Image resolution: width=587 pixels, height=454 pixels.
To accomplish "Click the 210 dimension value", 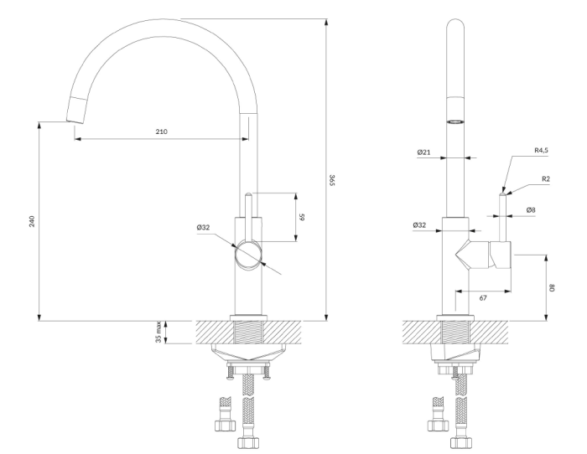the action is (161, 132).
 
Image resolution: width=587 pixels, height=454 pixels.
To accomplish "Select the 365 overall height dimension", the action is (332, 179).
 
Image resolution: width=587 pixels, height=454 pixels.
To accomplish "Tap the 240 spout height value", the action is (32, 221).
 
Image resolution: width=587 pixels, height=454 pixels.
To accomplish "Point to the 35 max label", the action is (158, 332).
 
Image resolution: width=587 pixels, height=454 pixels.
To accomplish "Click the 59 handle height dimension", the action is (302, 217).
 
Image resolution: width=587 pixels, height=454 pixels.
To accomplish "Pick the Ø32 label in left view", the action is (203, 227).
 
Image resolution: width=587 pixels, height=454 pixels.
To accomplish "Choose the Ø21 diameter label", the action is (423, 152).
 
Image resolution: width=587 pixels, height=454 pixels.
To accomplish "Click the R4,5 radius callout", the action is (542, 150).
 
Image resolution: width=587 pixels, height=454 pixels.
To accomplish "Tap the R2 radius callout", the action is (546, 178).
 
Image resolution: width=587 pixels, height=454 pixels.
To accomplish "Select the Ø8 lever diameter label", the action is (531, 209).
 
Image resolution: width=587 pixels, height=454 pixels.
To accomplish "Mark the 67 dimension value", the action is (483, 297).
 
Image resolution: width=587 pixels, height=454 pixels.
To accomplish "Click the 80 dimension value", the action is (552, 287).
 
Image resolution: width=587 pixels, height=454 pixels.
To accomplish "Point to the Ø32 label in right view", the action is (419, 225).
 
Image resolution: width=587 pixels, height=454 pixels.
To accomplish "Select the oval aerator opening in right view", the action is (455, 121).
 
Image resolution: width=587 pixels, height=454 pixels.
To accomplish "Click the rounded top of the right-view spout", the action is (455, 23).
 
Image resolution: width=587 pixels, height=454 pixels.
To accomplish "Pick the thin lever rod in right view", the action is (502, 217).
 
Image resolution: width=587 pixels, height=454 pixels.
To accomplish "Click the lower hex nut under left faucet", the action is (248, 442).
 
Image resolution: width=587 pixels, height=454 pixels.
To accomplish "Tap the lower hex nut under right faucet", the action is (461, 442).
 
